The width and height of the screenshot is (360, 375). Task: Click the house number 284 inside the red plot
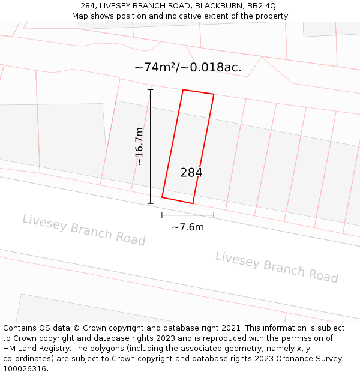pyautogui.click(x=191, y=173)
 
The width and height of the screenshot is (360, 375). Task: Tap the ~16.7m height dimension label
pyautogui.click(x=139, y=146)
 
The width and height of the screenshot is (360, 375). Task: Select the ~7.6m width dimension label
pyautogui.click(x=188, y=227)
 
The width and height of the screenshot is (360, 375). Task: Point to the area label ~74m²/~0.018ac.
pyautogui.click(x=188, y=67)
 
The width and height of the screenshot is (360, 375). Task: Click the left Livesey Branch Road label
pyautogui.click(x=84, y=230)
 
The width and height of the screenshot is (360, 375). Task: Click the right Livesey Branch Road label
pyautogui.click(x=277, y=266)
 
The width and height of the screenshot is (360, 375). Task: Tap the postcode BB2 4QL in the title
pyautogui.click(x=265, y=6)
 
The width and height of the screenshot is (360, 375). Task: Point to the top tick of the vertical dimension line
pyautogui.click(x=150, y=90)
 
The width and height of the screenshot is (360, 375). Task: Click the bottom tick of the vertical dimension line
pyautogui.click(x=150, y=203)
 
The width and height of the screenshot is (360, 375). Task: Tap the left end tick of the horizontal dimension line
pyautogui.click(x=162, y=215)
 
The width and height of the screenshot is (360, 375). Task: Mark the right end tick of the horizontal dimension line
pyautogui.click(x=214, y=215)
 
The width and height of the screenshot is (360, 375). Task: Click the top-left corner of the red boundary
pyautogui.click(x=183, y=90)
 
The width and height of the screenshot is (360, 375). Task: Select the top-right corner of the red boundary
pyautogui.click(x=214, y=95)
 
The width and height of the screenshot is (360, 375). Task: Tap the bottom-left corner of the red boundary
pyautogui.click(x=162, y=197)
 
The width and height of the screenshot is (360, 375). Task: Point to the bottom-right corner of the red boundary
pyautogui.click(x=193, y=203)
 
